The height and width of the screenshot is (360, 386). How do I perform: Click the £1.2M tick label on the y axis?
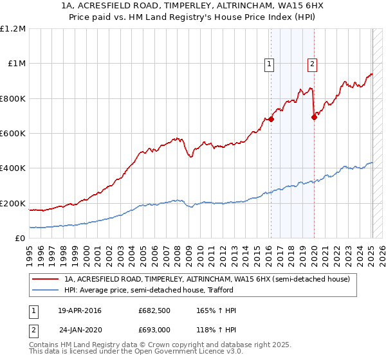coord(13,29)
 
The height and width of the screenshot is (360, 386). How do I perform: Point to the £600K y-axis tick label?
coord(13,134)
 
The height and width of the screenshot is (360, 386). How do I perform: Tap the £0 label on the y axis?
coord(21,239)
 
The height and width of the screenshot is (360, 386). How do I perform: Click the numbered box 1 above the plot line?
coord(268,64)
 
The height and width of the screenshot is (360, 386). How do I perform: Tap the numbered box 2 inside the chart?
coord(311,64)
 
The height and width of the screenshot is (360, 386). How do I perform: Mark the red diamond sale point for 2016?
coord(271,119)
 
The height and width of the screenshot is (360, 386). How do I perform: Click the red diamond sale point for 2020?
coord(314,117)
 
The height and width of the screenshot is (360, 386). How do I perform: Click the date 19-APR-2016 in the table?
coord(80,311)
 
